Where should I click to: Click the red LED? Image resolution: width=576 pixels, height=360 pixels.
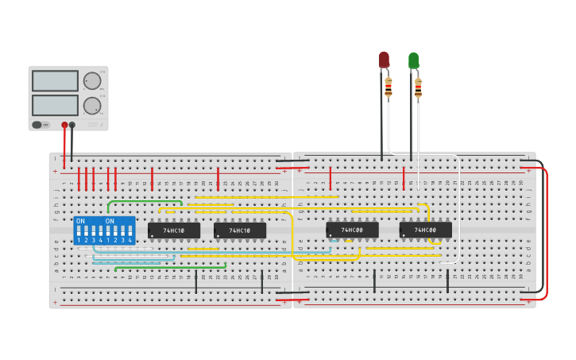tap(384, 60)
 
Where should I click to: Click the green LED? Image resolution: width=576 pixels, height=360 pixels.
tap(413, 60)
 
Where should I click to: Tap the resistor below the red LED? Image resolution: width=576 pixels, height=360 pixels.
tap(389, 87)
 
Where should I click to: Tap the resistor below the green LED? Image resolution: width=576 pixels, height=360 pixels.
tap(418, 87)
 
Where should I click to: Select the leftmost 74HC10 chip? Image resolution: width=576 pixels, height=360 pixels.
tap(174, 230)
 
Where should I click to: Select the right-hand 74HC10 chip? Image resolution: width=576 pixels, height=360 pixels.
tap(240, 230)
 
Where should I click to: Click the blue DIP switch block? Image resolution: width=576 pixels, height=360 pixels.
tap(103, 230)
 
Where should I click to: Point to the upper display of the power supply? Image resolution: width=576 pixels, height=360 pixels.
tap(55, 81)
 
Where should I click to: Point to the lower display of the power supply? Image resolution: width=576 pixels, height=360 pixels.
tap(55, 105)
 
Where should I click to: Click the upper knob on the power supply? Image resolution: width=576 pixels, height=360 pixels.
tap(92, 80)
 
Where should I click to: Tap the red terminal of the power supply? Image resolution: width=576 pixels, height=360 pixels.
tap(64, 125)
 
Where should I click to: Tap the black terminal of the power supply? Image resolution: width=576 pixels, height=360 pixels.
tap(72, 125)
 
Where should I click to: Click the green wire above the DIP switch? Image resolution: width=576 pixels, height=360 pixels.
tap(143, 201)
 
